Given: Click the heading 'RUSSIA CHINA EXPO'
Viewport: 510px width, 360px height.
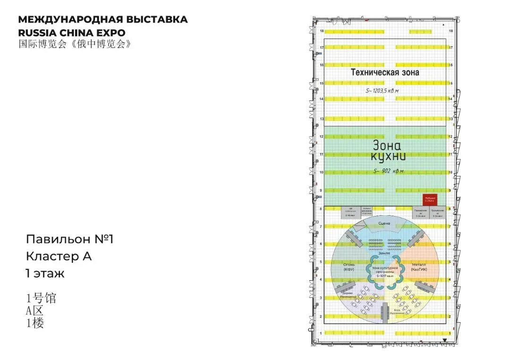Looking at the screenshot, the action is (x=71, y=33).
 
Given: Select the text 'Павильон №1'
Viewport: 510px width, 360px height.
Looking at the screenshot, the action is (x=70, y=239).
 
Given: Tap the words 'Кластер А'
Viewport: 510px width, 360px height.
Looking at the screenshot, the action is (x=59, y=257).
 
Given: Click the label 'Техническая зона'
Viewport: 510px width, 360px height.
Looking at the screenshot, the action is (x=384, y=72).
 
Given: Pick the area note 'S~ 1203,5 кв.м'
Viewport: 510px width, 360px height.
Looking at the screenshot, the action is (x=382, y=90).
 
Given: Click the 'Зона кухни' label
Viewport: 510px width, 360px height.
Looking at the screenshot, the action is (x=386, y=151).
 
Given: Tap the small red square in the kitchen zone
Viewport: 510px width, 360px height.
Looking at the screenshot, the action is (x=430, y=200).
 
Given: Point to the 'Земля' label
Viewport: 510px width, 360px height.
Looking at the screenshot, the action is (x=384, y=253).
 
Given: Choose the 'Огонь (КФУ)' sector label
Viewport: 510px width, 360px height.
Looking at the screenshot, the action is (x=349, y=267).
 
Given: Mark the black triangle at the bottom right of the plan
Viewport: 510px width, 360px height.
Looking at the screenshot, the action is (x=445, y=340).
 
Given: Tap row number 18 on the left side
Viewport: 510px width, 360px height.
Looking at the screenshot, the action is (x=322, y=31).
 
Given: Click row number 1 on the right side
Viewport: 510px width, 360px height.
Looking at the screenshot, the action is (x=450, y=334).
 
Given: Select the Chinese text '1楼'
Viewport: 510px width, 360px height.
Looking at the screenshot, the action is (x=35, y=323).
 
